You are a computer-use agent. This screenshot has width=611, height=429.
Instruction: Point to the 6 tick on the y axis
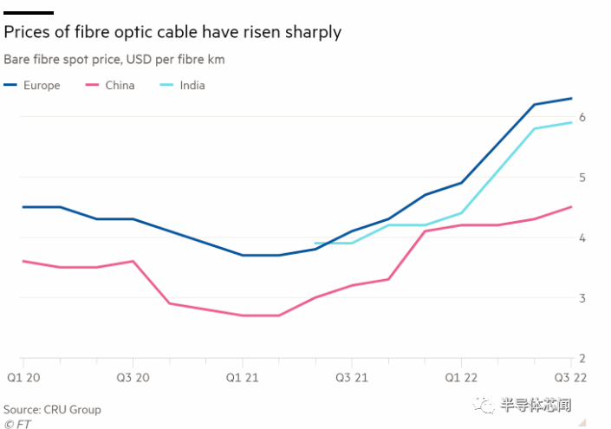click(583, 117)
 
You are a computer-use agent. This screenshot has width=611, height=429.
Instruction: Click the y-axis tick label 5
click(583, 178)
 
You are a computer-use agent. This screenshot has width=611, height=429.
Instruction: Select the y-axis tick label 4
click(583, 237)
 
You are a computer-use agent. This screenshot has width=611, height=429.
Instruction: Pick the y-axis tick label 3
click(583, 298)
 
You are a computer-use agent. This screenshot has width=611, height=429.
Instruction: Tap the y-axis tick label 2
click(583, 358)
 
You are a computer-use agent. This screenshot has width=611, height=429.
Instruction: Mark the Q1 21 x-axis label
click(242, 379)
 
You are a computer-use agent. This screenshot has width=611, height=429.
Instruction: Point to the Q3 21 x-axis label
click(351, 379)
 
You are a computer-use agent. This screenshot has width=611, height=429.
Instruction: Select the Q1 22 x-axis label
click(460, 379)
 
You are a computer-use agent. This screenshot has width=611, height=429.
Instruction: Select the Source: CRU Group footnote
click(53, 409)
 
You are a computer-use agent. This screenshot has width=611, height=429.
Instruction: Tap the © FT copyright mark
click(16, 424)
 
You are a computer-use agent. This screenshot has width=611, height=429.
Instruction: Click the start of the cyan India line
click(315, 244)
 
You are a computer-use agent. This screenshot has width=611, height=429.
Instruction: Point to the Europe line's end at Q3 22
click(571, 98)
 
